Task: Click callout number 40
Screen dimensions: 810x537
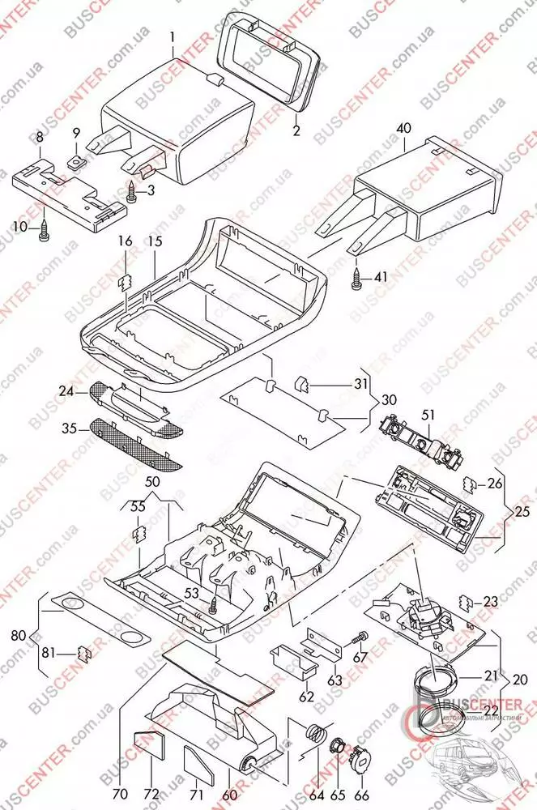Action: [404, 129]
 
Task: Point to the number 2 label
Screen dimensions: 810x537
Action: [296, 130]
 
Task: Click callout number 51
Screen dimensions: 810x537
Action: [427, 415]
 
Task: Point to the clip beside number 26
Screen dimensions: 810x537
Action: [467, 484]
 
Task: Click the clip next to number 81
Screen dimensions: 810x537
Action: [83, 653]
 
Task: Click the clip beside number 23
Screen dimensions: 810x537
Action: [467, 602]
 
